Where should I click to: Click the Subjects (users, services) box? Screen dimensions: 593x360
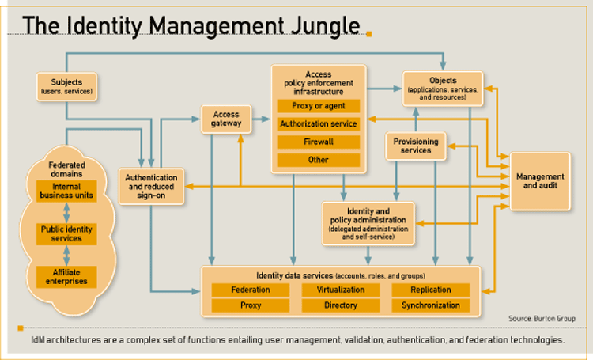66,87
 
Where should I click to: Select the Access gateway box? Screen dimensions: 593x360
226,119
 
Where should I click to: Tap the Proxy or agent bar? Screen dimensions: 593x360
319,106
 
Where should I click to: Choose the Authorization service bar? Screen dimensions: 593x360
319,123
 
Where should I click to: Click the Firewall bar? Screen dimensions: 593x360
319,142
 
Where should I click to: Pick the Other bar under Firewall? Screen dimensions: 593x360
319,160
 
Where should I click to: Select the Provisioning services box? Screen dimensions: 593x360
416,146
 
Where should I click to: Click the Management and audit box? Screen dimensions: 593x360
540,181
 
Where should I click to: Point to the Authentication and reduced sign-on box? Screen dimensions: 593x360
151,186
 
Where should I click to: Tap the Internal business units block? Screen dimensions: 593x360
66,191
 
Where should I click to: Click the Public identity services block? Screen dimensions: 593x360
66,234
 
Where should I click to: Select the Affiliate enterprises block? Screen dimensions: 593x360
66,277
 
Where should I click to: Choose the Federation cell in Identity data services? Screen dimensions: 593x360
251,290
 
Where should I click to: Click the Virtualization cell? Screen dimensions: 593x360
341,290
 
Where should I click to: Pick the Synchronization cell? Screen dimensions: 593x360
431,305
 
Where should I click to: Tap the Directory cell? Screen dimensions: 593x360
341,305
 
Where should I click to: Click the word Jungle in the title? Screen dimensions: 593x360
326,26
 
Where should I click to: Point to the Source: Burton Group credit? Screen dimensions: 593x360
542,319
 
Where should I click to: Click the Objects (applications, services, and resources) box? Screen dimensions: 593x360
443,89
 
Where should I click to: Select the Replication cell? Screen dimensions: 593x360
431,290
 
